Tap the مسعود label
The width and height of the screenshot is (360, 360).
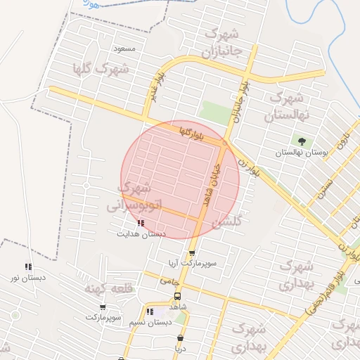124,48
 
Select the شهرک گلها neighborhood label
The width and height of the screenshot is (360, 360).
100,69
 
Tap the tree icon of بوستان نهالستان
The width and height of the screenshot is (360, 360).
302,141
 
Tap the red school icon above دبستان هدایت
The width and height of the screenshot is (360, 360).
141,224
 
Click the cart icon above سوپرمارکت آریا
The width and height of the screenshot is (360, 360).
191,252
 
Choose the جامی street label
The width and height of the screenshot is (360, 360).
169,280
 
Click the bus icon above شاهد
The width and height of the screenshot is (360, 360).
177,296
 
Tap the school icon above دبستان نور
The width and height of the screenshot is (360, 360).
28,266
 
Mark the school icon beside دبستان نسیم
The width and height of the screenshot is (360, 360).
150,311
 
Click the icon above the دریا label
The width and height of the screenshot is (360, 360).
181,337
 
